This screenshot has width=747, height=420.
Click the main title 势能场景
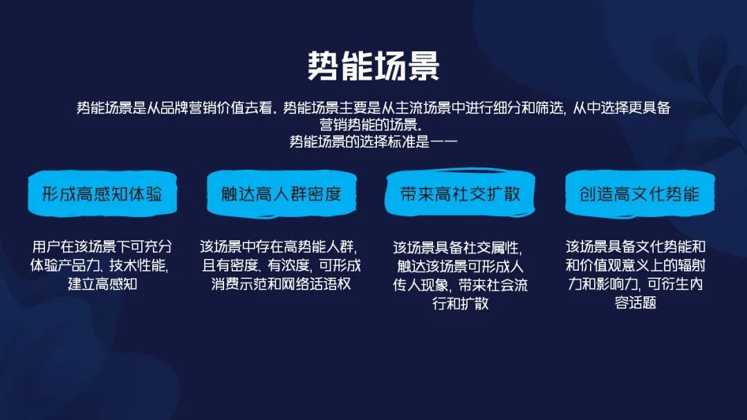373,66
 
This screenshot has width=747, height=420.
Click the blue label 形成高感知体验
102,193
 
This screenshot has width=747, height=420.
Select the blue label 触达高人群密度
282,193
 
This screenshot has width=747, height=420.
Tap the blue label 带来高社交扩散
460,193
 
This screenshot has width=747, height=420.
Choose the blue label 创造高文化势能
640,193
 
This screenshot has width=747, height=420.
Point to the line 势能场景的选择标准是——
373,142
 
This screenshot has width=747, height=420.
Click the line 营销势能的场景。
371,124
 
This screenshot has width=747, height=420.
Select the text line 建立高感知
102,284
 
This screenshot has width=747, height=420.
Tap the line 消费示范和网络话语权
281,284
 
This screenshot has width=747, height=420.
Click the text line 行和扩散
460,303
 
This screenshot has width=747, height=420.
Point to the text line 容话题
636,303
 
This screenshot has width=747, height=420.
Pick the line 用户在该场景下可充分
102,247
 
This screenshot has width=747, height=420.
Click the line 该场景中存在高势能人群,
279,247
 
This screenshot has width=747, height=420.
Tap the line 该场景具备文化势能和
636,247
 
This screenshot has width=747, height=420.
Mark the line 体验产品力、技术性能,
99,265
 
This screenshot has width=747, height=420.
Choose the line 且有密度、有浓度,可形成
281,265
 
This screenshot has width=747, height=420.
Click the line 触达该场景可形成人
460,266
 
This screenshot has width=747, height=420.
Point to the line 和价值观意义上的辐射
636,265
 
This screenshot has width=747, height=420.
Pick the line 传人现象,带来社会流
460,285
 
